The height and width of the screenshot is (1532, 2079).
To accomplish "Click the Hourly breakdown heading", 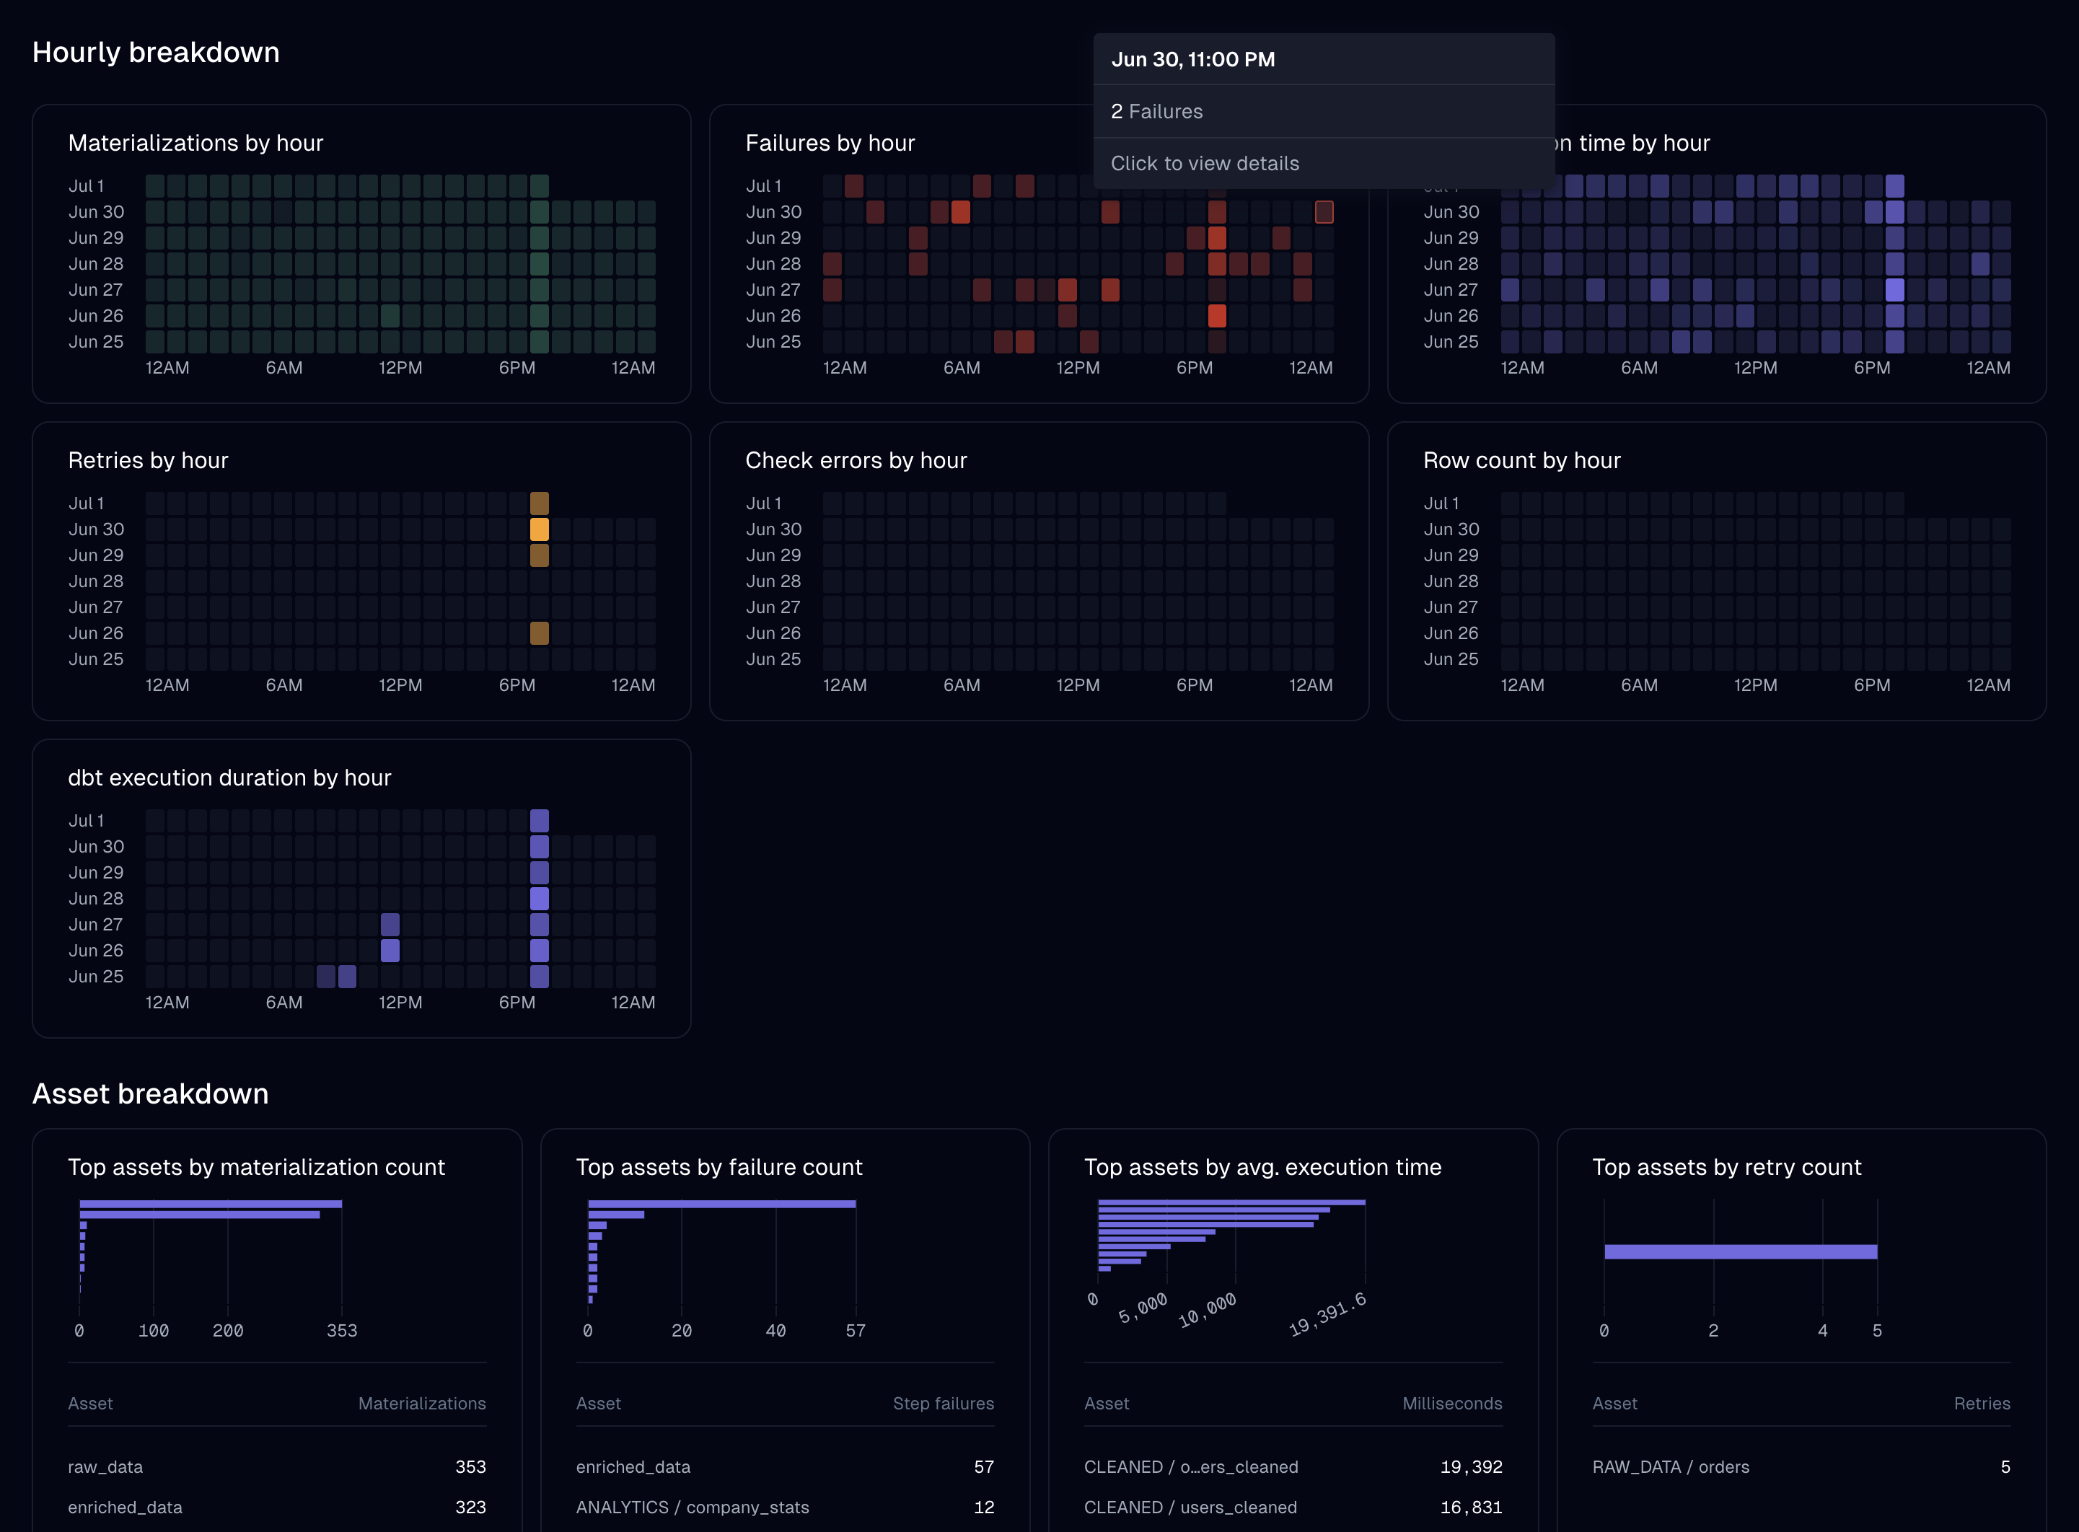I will point(156,53).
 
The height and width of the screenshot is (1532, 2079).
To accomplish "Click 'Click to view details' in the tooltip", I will point(1205,163).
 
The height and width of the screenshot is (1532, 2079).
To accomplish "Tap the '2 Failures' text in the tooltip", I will point(1156,111).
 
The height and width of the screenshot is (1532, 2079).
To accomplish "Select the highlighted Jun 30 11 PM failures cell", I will point(1323,212).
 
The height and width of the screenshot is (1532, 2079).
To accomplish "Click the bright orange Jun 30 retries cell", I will point(539,529).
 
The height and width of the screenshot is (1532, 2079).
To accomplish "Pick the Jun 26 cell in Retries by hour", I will point(539,633).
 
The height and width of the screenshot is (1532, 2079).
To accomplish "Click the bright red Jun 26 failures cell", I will point(1217,316).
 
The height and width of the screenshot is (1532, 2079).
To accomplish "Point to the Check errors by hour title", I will point(855,461).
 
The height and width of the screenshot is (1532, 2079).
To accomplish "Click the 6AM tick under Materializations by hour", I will point(283,368).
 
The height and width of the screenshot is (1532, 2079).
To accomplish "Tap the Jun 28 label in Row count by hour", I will point(1450,581).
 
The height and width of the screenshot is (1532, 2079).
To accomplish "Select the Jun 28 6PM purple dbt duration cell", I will point(539,899).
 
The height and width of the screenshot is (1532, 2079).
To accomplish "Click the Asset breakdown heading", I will point(150,1094).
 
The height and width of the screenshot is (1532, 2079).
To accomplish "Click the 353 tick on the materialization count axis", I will point(341,1331).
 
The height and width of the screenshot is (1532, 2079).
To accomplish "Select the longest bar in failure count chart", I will point(721,1204).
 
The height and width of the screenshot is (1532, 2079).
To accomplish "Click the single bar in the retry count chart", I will point(1740,1252).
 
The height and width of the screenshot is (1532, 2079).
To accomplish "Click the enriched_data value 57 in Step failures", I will point(983,1467).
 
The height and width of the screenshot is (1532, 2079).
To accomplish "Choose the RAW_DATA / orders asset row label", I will point(1670,1467).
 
